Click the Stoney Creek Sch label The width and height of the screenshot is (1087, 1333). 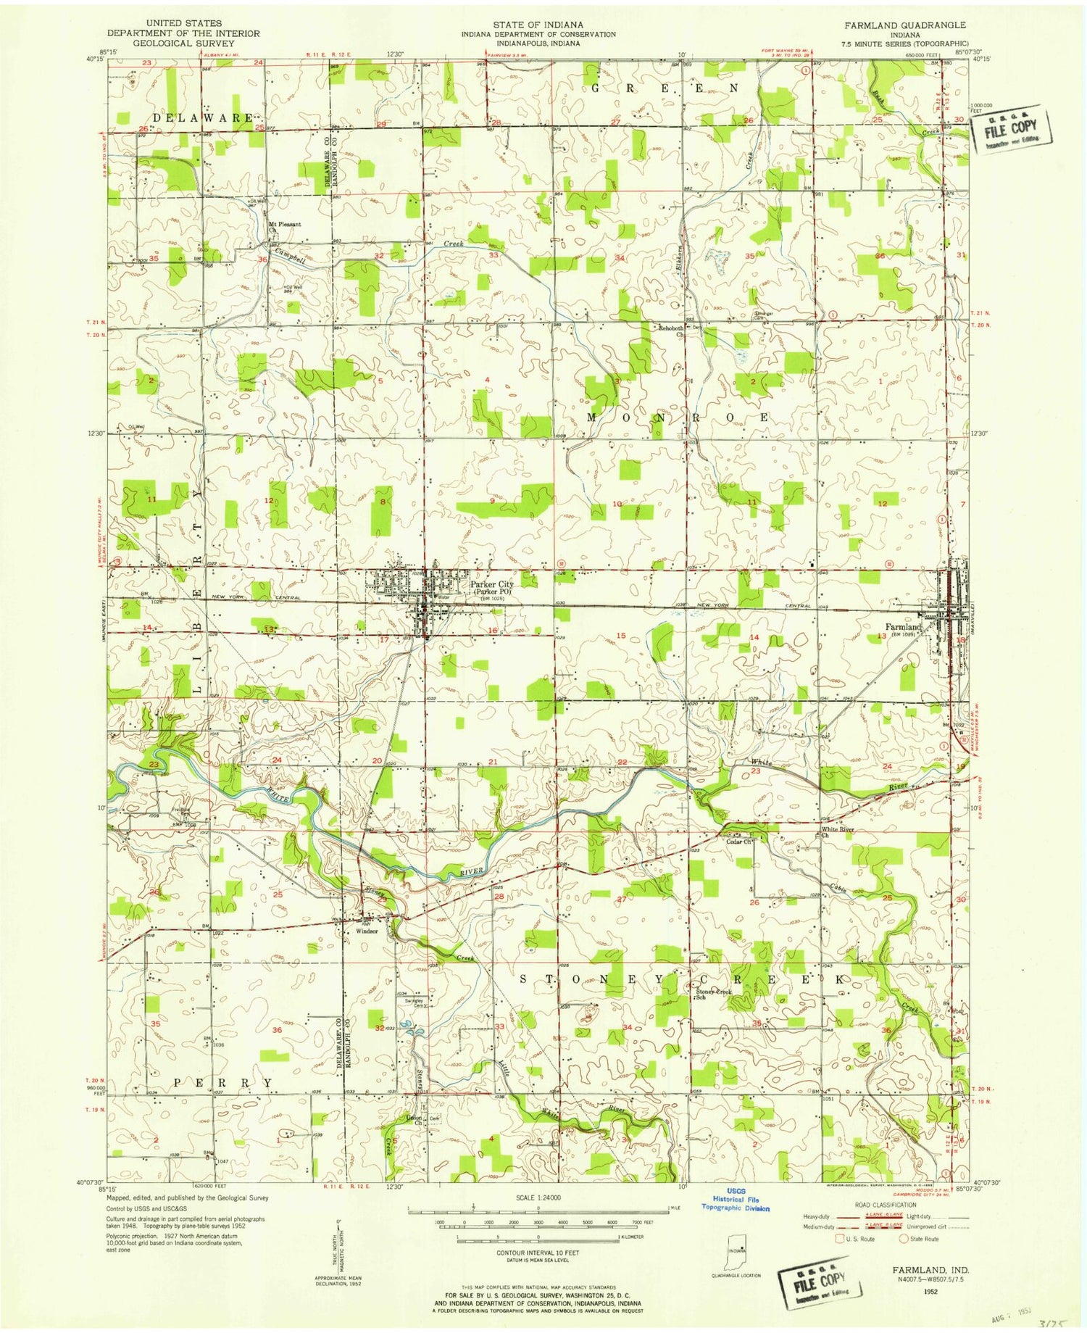(714, 994)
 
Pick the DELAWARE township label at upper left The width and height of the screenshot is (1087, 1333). (203, 117)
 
